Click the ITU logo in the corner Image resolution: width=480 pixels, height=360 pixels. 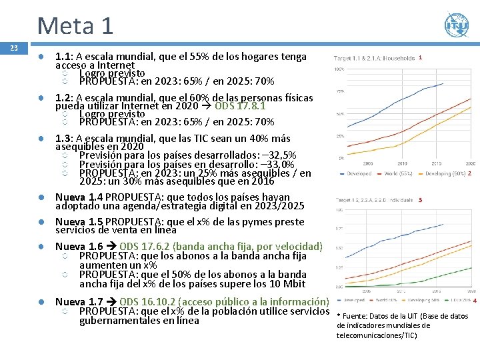pos(457,25)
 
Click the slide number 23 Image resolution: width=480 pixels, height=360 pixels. pos(13,48)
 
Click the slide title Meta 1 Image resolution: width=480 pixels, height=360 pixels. pos(75,25)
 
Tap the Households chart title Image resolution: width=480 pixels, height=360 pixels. pos(374,59)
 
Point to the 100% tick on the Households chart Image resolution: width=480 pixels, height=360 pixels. pos(339,69)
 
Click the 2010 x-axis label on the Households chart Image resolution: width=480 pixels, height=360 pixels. pos(403,163)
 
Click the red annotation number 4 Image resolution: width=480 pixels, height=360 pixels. pos(474,301)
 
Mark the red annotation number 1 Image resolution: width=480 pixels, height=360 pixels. pos(421,58)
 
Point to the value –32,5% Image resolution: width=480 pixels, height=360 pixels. pos(275,155)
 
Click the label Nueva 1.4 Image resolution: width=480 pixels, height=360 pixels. pos(79,197)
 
